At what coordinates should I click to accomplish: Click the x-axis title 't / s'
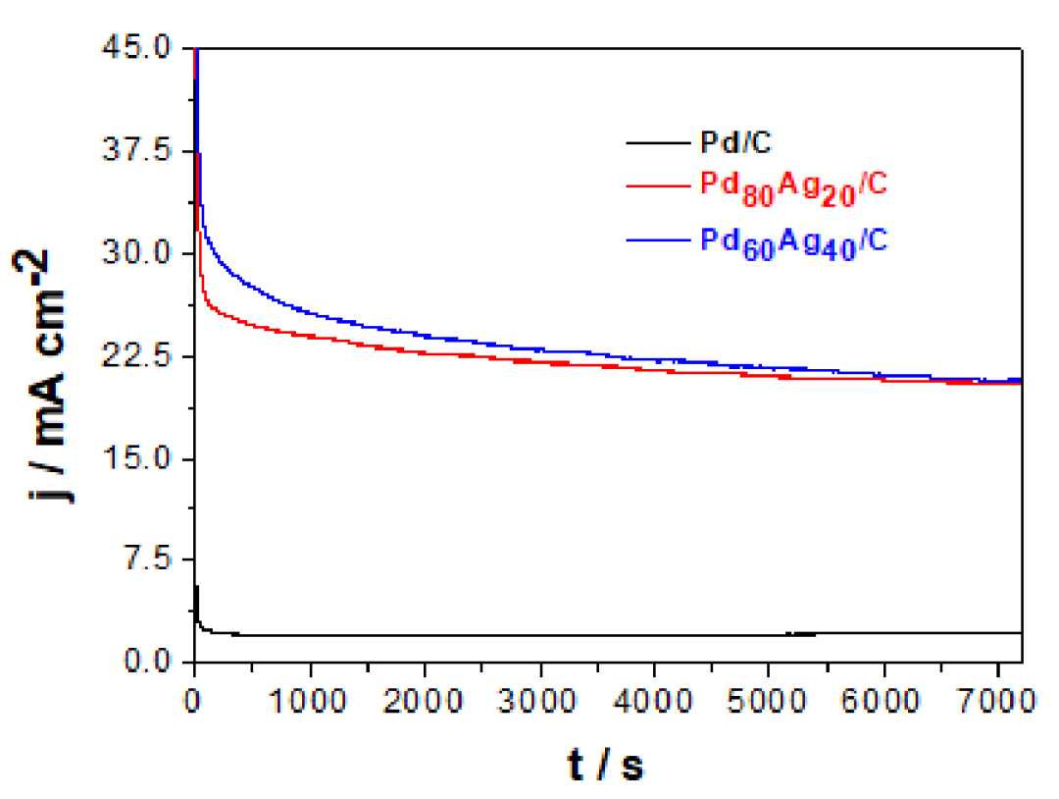(x=607, y=765)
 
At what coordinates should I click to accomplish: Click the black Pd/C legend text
(x=735, y=144)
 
